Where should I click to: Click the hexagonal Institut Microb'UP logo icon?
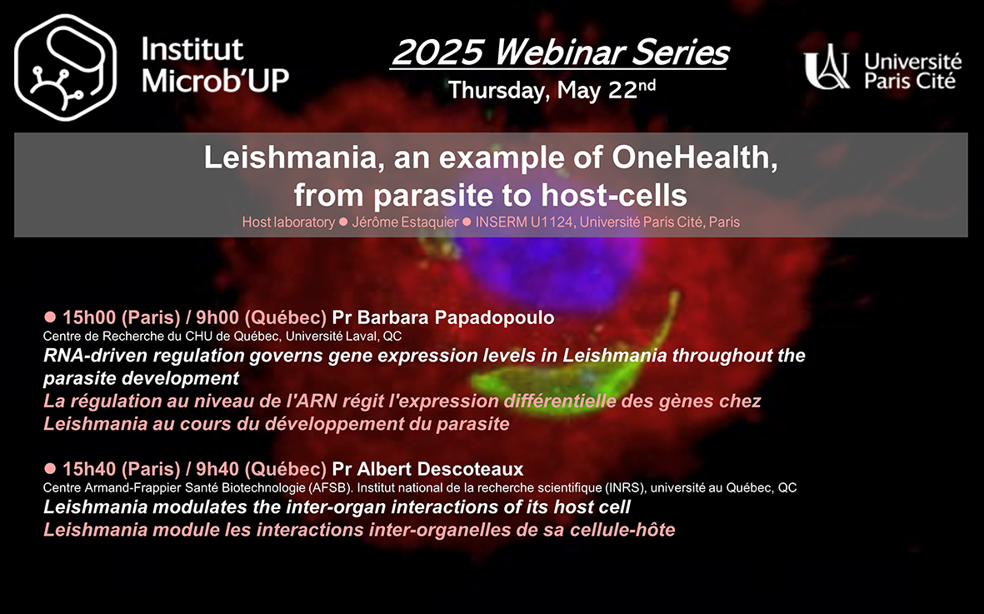pos(65,67)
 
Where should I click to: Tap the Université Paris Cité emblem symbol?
pos(827,67)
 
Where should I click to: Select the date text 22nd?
pos(632,89)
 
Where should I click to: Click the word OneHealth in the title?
pos(695,157)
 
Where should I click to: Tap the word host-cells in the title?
pos(614,195)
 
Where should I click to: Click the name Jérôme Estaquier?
pos(405,222)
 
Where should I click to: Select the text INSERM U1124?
pos(523,222)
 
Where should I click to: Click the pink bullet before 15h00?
pos(50,317)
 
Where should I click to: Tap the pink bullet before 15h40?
pos(50,468)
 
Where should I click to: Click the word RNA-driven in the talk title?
pos(95,356)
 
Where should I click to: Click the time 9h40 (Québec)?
pos(261,468)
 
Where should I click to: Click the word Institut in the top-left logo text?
pos(192,49)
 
